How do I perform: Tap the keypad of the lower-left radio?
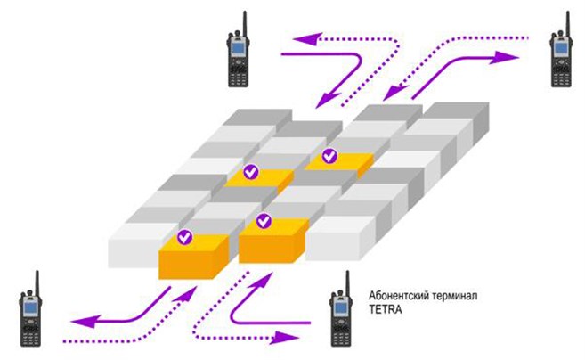pos(30,331)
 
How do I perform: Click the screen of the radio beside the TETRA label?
pos(340,308)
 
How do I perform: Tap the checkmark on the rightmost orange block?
pos(329,157)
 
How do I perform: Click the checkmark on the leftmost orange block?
pos(184,237)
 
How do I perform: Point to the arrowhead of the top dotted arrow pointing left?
pos(301,37)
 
